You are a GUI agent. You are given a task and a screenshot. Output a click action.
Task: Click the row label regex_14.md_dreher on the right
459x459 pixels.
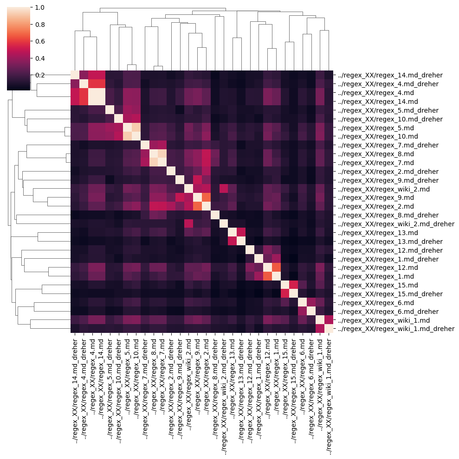point(390,75)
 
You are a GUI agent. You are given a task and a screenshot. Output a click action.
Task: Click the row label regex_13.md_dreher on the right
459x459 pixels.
point(390,242)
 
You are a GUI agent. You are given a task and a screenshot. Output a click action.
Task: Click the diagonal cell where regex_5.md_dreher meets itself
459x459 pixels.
point(110,110)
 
